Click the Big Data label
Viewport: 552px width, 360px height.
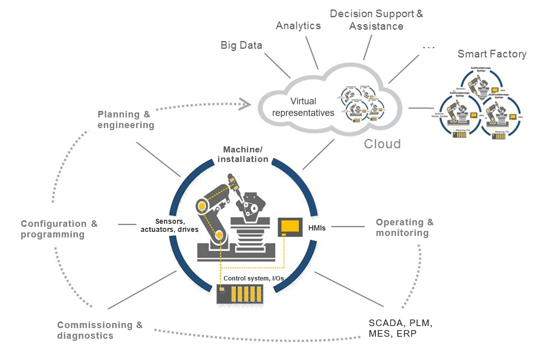pos(241,46)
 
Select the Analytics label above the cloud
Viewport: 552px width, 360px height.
pos(298,26)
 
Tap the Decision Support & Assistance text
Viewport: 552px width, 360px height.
pos(376,20)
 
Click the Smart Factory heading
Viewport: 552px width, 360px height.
pos(492,54)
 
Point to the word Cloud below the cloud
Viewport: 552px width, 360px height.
pos(382,144)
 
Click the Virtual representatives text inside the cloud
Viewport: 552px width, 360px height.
pos(303,107)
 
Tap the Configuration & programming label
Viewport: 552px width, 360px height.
pos(59,229)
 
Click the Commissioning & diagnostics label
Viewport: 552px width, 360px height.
pos(100,330)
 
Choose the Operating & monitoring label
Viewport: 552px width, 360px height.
pos(404,227)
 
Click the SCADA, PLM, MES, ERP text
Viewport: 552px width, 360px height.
pos(400,328)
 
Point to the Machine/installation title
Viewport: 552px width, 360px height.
pos(243,154)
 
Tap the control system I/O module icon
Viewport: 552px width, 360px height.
pos(239,294)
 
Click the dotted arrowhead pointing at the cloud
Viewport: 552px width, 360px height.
pos(246,105)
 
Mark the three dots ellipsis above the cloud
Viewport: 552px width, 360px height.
pos(428,48)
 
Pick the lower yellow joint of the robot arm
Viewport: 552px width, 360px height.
pos(219,235)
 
